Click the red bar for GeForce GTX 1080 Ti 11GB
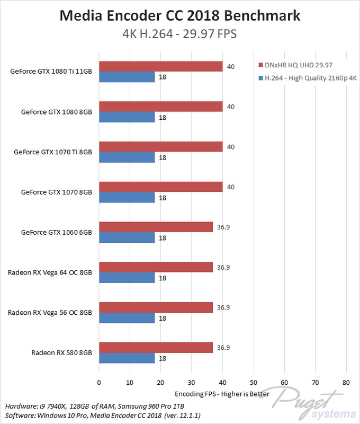coord(160,66)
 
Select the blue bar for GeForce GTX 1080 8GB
coord(127,117)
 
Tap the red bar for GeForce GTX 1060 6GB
coord(156,227)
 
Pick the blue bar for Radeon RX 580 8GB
coord(127,358)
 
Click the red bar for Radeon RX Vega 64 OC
coord(156,267)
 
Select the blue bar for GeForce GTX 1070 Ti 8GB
coord(127,157)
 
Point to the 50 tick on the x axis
coord(254,382)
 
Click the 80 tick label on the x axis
coord(346,382)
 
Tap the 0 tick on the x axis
coord(98,382)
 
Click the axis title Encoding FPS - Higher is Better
coord(222,394)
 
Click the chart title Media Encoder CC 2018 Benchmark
coord(179,16)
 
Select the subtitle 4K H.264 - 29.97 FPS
coord(179,34)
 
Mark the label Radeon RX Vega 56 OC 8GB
coord(50,313)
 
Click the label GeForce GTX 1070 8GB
coord(57,192)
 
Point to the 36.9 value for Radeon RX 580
coord(223,347)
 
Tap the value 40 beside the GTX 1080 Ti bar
coord(230,66)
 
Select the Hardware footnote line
coord(85,405)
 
